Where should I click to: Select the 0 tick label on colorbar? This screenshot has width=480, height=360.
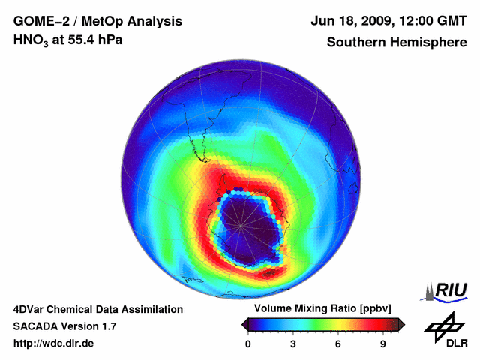pos(248,343)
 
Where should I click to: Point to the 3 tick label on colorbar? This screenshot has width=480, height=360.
pos(293,343)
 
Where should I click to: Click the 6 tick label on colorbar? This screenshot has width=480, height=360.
pos(338,343)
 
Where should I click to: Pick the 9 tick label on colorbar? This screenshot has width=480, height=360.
pos(382,343)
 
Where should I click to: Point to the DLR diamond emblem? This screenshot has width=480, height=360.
pos(442,324)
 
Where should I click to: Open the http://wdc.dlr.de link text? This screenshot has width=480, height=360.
pos(54,343)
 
